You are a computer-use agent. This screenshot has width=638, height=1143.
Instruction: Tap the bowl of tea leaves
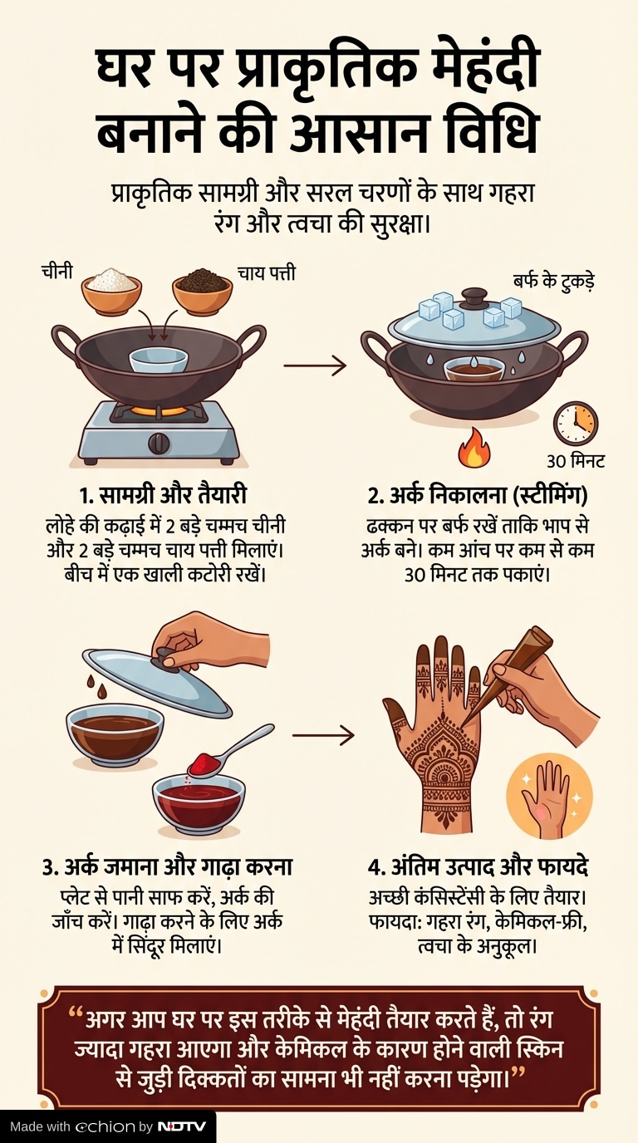[x=202, y=292]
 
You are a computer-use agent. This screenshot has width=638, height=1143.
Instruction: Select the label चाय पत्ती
[x=267, y=273]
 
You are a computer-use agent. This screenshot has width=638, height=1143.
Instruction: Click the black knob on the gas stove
[x=159, y=443]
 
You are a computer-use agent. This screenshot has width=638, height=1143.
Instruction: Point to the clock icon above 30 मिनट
[x=576, y=423]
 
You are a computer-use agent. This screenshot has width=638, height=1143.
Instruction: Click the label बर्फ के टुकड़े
[x=553, y=281]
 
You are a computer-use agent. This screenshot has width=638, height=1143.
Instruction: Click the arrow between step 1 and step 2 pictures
[x=315, y=365]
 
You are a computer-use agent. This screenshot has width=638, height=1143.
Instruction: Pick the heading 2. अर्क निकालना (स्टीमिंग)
[x=477, y=495]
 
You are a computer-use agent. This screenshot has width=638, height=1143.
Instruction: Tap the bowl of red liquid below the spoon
[x=199, y=807]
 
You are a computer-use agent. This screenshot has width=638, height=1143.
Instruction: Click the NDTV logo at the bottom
[x=181, y=1126]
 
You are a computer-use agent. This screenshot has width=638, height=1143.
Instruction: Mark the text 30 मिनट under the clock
[x=576, y=461]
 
